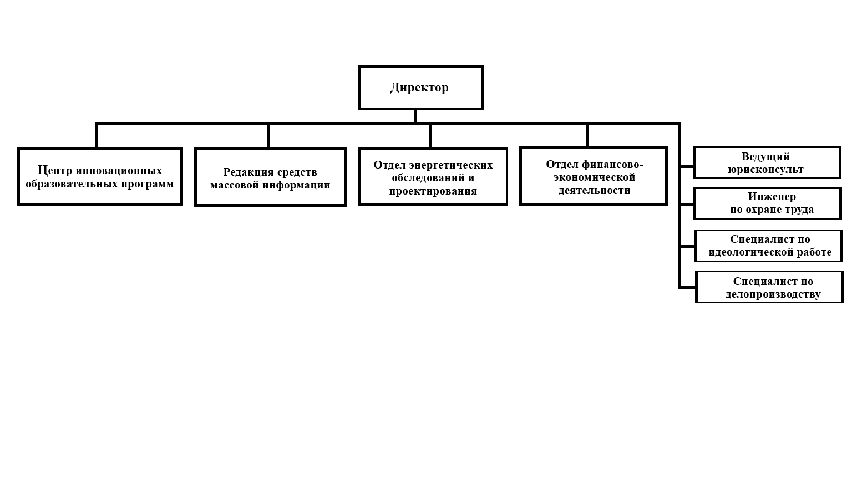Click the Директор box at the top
[420, 88]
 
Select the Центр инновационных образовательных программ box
[100, 177]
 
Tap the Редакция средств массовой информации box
[271, 177]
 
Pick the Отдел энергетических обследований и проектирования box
[433, 176]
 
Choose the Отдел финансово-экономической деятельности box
[594, 176]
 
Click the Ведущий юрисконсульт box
[767, 162]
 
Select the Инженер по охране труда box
[768, 204]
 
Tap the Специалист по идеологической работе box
[768, 246]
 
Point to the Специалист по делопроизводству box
[769, 287]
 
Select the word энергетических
[451, 165]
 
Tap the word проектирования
[433, 191]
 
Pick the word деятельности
[594, 191]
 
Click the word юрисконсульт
[765, 170]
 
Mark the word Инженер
[772, 197]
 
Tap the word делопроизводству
[773, 294]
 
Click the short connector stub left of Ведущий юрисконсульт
[687, 166]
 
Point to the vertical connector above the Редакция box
[268, 136]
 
